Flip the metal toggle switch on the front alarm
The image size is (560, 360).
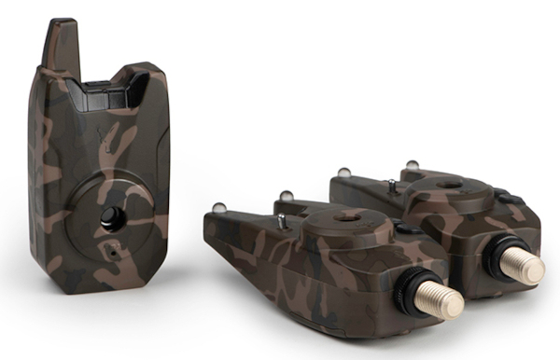pos(281,221)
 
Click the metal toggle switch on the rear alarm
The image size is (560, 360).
pos(391,187)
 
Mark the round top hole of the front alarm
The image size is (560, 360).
pos(347,216)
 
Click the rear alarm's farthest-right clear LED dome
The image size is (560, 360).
pos(412,166)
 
